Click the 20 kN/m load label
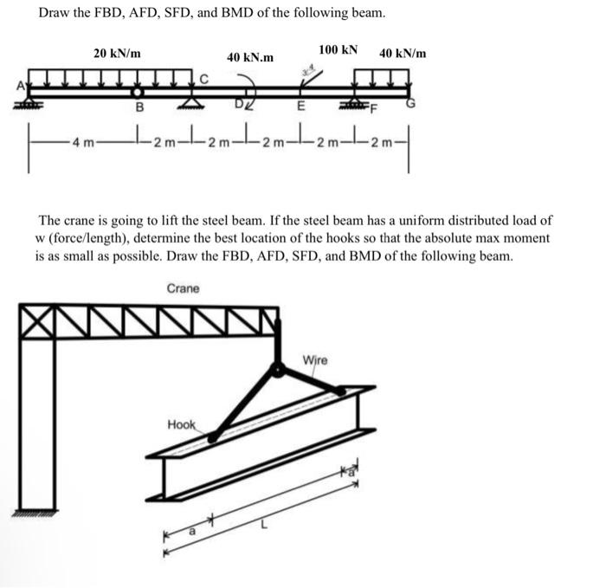coord(118,53)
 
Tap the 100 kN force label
coord(338,49)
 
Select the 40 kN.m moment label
coord(250,57)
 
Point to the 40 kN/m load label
coord(403,53)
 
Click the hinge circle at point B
coord(137,92)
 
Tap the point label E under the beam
coord(300,108)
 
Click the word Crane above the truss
coord(183,288)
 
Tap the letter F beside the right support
coord(374,108)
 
